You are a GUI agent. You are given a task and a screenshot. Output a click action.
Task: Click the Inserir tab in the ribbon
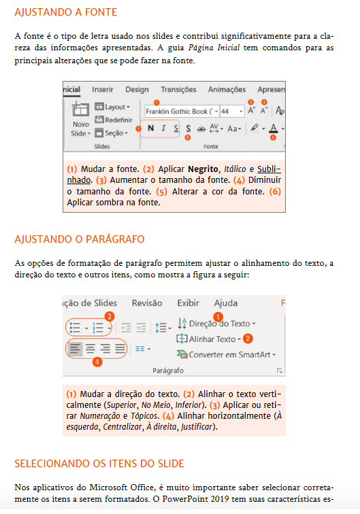[x=103, y=89]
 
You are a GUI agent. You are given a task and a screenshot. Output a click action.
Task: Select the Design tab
[x=137, y=89]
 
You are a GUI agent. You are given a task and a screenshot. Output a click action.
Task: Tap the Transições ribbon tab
[x=178, y=89]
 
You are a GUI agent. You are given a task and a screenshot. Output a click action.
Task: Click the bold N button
[x=150, y=128]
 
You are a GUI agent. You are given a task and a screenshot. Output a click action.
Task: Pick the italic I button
[x=163, y=128]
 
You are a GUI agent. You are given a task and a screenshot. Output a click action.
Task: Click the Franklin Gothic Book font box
[x=181, y=110]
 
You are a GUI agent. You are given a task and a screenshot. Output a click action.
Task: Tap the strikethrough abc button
[x=201, y=128]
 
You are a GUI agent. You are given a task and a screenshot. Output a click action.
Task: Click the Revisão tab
[x=147, y=303]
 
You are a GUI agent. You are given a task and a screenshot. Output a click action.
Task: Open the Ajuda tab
[x=225, y=303]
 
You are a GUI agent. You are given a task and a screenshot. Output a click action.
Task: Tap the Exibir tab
[x=188, y=303]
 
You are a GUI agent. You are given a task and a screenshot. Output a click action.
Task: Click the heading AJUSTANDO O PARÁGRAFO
[x=79, y=239]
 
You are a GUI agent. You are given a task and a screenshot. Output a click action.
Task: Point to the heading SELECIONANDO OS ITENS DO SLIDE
[x=99, y=464]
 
